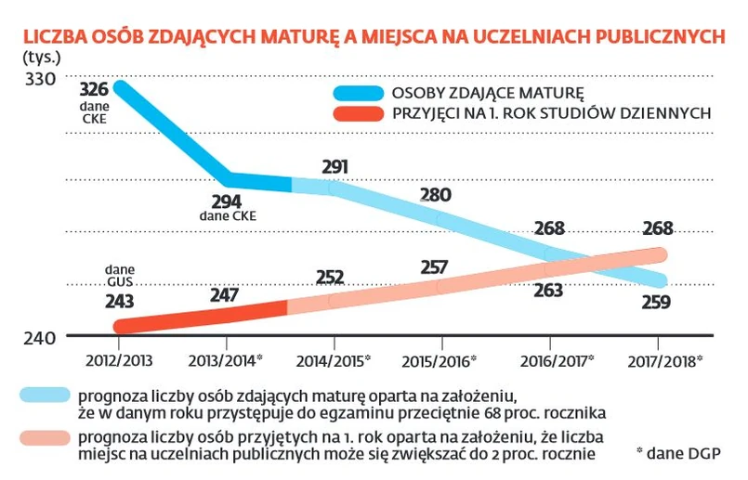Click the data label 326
[x=95, y=91]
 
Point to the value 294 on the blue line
[x=227, y=201]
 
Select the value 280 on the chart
[x=435, y=195]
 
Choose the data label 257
[x=435, y=266]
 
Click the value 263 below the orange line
[x=549, y=291]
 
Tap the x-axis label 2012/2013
[x=119, y=358]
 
